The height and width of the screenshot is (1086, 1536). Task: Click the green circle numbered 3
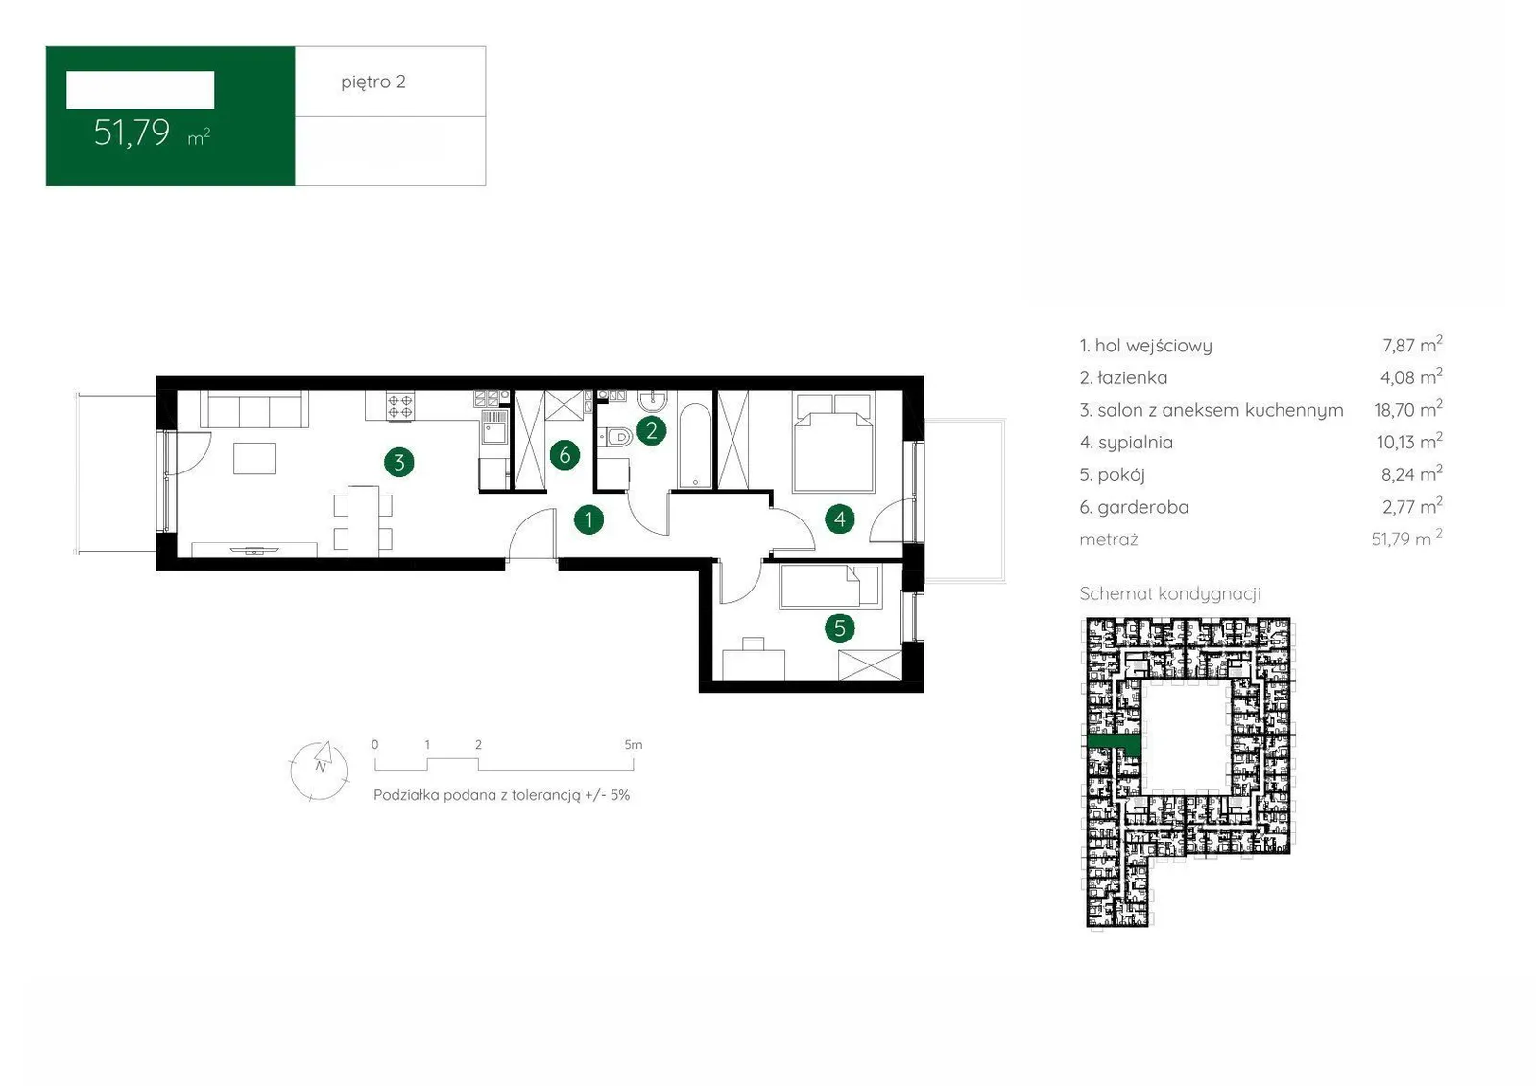coord(399,463)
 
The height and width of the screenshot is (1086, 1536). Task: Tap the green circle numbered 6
coord(564,455)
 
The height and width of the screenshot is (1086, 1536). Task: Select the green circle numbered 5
coord(840,628)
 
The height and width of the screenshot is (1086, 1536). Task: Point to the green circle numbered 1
coord(588,520)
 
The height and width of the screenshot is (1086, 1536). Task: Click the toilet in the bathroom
coord(614,436)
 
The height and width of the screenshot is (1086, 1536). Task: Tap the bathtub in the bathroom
coord(695,446)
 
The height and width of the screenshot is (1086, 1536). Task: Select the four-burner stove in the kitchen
coord(399,405)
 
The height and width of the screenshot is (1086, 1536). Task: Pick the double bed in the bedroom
coord(834,442)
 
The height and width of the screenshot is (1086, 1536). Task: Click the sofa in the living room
coord(254,410)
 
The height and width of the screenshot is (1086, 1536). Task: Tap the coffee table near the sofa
coord(254,458)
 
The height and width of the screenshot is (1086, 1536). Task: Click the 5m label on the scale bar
coord(633,744)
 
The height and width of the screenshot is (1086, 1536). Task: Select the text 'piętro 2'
coord(373,83)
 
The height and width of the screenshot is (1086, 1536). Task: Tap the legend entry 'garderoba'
coord(1134,507)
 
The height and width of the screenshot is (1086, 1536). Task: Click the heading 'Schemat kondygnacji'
coord(1170,593)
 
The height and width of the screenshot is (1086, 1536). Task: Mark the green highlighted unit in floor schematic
coord(1115,743)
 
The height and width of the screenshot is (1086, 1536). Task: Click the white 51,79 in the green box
coord(132,133)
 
